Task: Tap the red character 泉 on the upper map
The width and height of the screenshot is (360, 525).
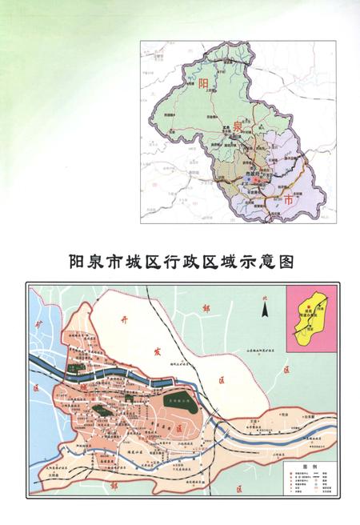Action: [x=237, y=128]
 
